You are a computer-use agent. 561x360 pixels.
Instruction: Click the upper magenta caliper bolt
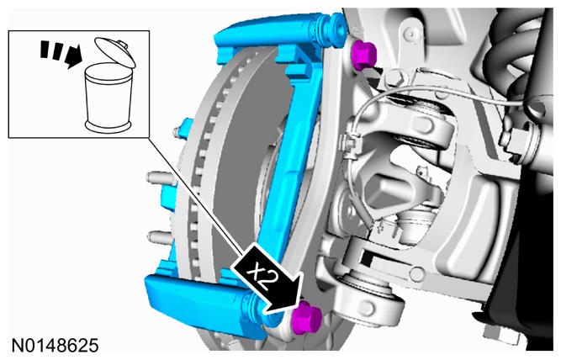point(364,56)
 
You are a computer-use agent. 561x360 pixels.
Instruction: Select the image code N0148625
point(56,346)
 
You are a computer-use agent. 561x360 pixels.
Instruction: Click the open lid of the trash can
point(115,52)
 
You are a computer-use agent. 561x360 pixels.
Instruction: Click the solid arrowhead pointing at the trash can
point(74,57)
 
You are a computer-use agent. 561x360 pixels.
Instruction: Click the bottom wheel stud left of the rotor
point(158,236)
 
